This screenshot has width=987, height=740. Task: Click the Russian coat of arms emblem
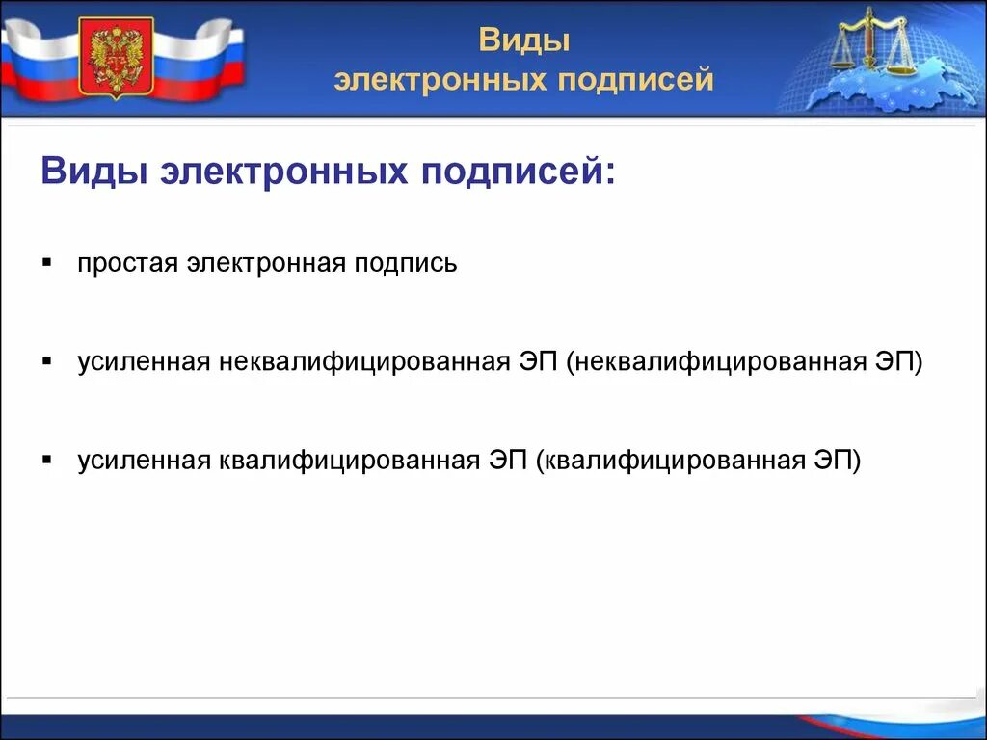tap(116, 58)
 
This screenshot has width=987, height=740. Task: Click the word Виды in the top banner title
tap(524, 41)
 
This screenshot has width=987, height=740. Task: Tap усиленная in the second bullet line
tap(144, 362)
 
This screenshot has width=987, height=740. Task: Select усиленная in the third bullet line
tap(144, 461)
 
